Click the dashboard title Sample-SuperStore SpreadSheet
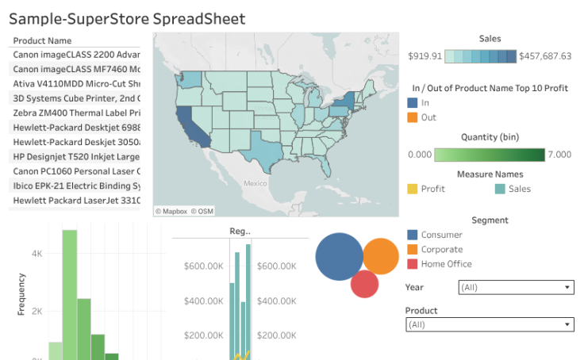[x=127, y=19]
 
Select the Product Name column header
[x=43, y=40]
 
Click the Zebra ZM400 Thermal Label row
[x=76, y=113]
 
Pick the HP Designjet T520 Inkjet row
[x=76, y=156]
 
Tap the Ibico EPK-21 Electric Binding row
[x=76, y=186]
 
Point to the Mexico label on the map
[x=255, y=183]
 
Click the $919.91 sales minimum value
[x=425, y=56]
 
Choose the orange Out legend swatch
[x=413, y=117]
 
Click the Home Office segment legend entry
[x=445, y=264]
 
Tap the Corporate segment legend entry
[x=441, y=250]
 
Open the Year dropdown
[x=489, y=288]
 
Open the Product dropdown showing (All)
[x=489, y=324]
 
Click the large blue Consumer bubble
[x=340, y=257]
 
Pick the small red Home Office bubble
[x=364, y=284]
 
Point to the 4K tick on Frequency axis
[x=36, y=254]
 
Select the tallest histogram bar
[x=70, y=293]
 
